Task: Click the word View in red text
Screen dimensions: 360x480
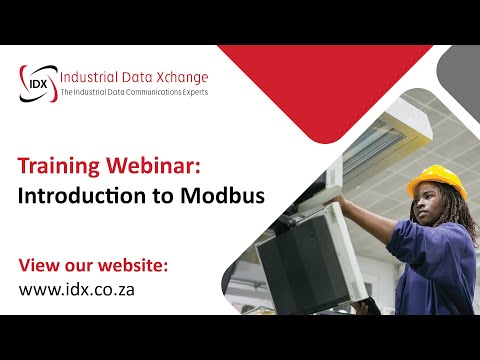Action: [x=41, y=266]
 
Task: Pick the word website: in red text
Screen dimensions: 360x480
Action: [x=130, y=266]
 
